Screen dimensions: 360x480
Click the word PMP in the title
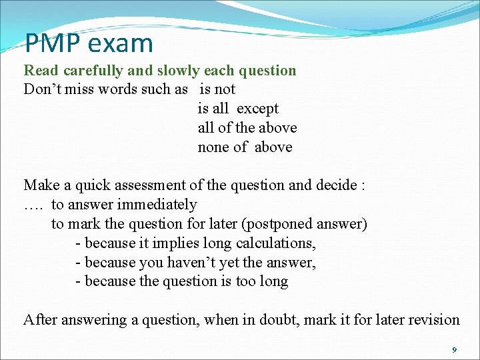[x=52, y=43]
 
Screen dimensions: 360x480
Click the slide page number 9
[x=454, y=350]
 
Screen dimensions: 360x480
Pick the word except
[x=257, y=109]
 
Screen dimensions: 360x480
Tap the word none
[x=213, y=147]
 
